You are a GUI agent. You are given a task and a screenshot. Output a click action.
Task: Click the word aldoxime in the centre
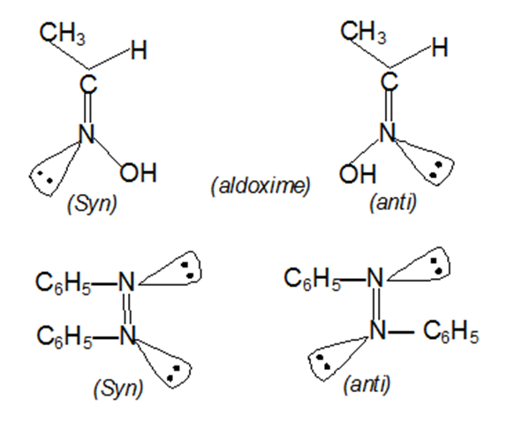[x=261, y=185]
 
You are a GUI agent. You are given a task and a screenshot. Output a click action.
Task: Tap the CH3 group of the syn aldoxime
[x=62, y=34]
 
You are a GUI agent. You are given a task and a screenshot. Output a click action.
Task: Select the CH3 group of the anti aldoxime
[x=363, y=32]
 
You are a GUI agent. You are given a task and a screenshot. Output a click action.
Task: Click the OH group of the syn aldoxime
[x=138, y=172]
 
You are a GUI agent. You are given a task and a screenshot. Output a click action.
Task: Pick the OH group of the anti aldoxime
[x=358, y=174]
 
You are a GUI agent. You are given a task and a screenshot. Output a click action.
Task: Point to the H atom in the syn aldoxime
[x=139, y=50]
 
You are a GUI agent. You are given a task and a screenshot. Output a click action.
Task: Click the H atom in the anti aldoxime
[x=440, y=47]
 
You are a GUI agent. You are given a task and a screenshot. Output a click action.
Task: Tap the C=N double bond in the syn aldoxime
[x=87, y=109]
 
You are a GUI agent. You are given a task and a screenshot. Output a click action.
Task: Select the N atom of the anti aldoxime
[x=387, y=132]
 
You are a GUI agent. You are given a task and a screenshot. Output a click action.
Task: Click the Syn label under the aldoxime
[x=92, y=204]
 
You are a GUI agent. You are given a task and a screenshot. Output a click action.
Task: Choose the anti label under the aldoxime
[x=393, y=202]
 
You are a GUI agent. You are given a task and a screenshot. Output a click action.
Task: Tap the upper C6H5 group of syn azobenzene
[x=64, y=283]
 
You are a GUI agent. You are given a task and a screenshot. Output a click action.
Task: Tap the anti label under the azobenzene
[x=367, y=385]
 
